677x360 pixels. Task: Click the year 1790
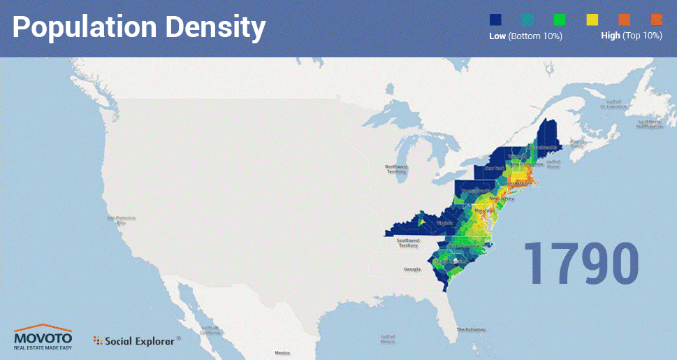pos(581,263)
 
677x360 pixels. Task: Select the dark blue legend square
pos(497,20)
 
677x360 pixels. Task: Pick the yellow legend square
pos(592,20)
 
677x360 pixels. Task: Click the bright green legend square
pos(560,20)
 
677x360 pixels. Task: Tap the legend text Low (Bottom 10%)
pos(525,36)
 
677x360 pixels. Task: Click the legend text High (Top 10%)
pos(632,36)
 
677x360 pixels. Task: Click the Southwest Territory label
pos(407,243)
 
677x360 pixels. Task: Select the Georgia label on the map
pos(412,269)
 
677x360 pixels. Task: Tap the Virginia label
pos(444,224)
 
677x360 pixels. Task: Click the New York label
pos(495,168)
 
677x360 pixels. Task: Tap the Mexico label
pos(282,353)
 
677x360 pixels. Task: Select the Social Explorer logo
pos(136,341)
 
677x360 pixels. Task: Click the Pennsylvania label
pos(475,191)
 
